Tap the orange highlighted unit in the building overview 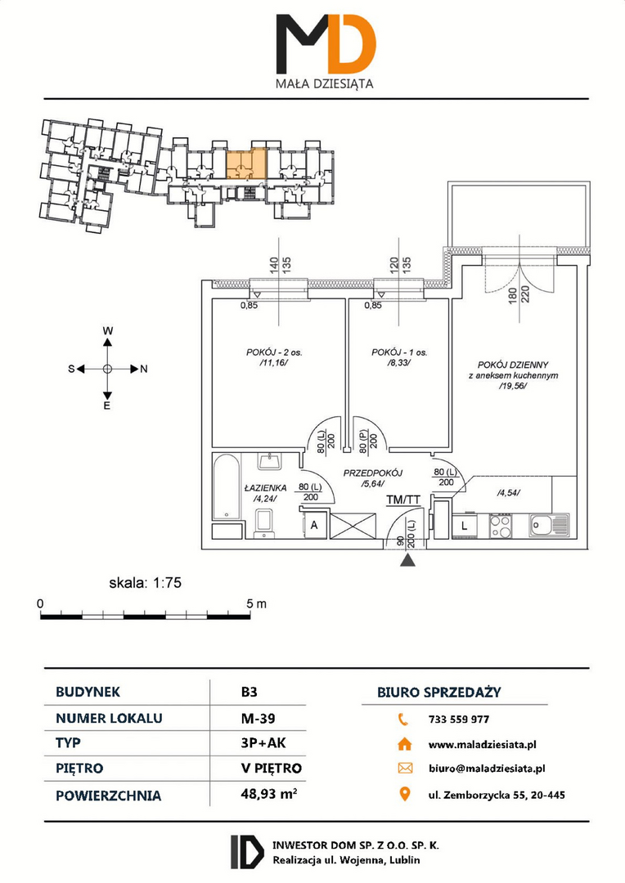pyautogui.click(x=246, y=164)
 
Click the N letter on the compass pyautogui.click(x=144, y=369)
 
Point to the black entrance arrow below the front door pyautogui.click(x=407, y=560)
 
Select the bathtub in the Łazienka pyautogui.click(x=227, y=487)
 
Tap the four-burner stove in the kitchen pyautogui.click(x=500, y=527)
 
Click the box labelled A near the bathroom pyautogui.click(x=314, y=526)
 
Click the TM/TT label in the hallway pyautogui.click(x=403, y=500)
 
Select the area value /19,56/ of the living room pyautogui.click(x=512, y=386)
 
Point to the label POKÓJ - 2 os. pyautogui.click(x=274, y=352)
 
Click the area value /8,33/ pyautogui.click(x=399, y=363)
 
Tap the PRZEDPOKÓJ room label pyautogui.click(x=373, y=473)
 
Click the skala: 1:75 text pyautogui.click(x=146, y=583)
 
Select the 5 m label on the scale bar pyautogui.click(x=256, y=603)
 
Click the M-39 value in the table pyautogui.click(x=258, y=718)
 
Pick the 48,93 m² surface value pyautogui.click(x=269, y=794)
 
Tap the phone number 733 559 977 pyautogui.click(x=459, y=719)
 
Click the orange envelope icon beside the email pyautogui.click(x=405, y=768)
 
